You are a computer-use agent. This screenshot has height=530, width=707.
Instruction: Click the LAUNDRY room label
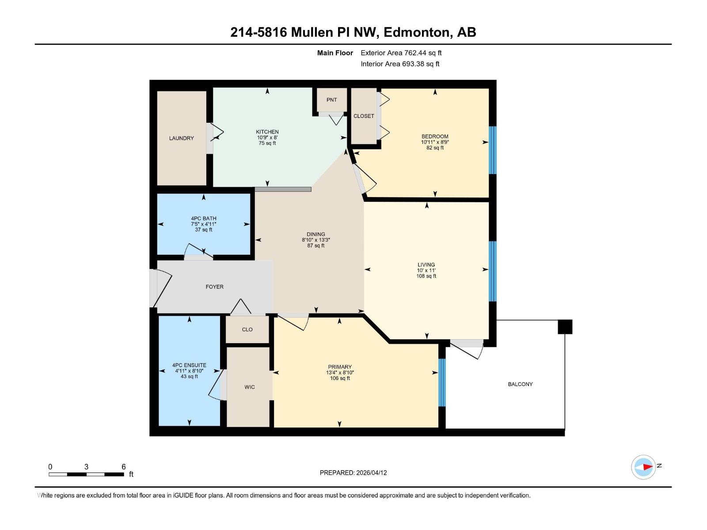point(181,138)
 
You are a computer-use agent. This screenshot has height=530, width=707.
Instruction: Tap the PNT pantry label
point(331,100)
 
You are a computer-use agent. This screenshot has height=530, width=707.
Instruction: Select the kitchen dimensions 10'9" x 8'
point(267,137)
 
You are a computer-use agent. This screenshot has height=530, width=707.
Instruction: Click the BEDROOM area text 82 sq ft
point(435,148)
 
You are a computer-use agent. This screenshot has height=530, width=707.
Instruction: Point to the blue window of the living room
point(493,271)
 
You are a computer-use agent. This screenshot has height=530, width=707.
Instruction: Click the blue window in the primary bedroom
point(441,382)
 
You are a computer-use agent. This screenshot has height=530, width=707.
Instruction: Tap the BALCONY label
point(520,384)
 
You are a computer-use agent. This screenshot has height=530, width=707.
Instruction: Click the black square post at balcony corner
point(565,327)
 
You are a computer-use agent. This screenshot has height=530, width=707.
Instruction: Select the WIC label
point(249,387)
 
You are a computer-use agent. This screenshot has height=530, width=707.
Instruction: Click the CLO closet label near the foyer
point(247,329)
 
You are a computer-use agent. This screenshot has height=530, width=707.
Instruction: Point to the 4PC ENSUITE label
point(189,365)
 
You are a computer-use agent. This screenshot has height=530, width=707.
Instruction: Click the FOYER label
point(214,287)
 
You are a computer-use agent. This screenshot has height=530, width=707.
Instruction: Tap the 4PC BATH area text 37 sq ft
point(203,230)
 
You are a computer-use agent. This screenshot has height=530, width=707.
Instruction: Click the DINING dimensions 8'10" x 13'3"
point(315,240)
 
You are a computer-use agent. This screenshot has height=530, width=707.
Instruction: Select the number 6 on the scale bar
point(124,467)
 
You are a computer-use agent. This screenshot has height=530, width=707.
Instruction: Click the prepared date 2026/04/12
point(371,473)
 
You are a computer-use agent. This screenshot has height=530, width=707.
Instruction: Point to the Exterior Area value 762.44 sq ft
point(423,53)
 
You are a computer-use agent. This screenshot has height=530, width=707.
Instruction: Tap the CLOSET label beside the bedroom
point(364,116)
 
